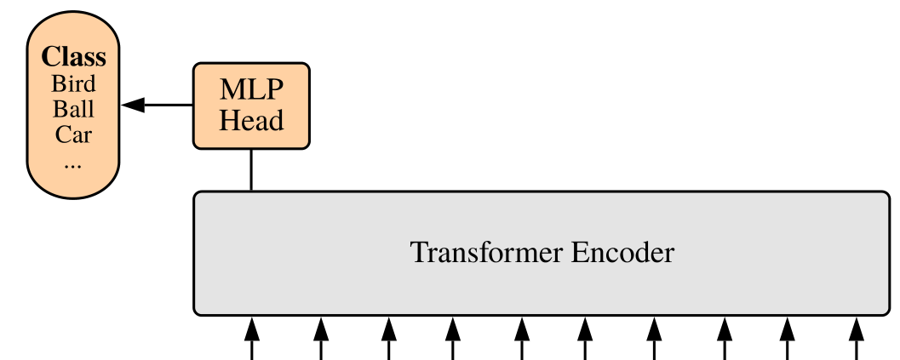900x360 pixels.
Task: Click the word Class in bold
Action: pos(74,57)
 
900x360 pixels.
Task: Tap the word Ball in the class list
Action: pos(74,109)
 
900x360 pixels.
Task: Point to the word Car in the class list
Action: pos(74,134)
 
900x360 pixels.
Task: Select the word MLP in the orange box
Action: pos(250,89)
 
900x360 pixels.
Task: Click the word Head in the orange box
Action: pos(250,120)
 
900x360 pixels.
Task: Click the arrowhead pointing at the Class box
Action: pos(133,106)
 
